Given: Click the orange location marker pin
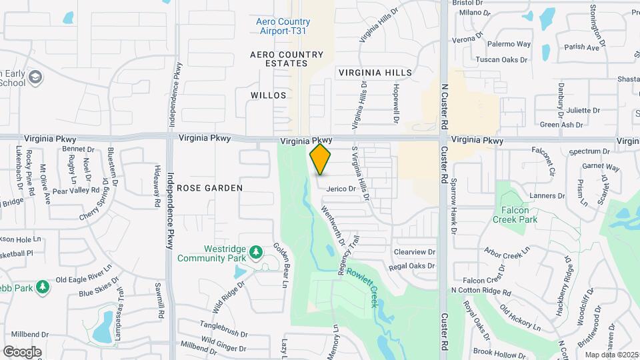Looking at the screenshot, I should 321,159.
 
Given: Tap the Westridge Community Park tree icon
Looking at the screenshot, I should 256,253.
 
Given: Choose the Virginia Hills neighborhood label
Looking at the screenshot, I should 375,72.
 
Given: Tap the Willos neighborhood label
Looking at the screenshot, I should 269,95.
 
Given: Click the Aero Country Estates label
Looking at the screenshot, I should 287,59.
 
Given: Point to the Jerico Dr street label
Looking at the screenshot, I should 341,189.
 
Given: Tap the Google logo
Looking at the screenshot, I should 22,352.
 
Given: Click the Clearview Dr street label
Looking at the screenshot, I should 414,253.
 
